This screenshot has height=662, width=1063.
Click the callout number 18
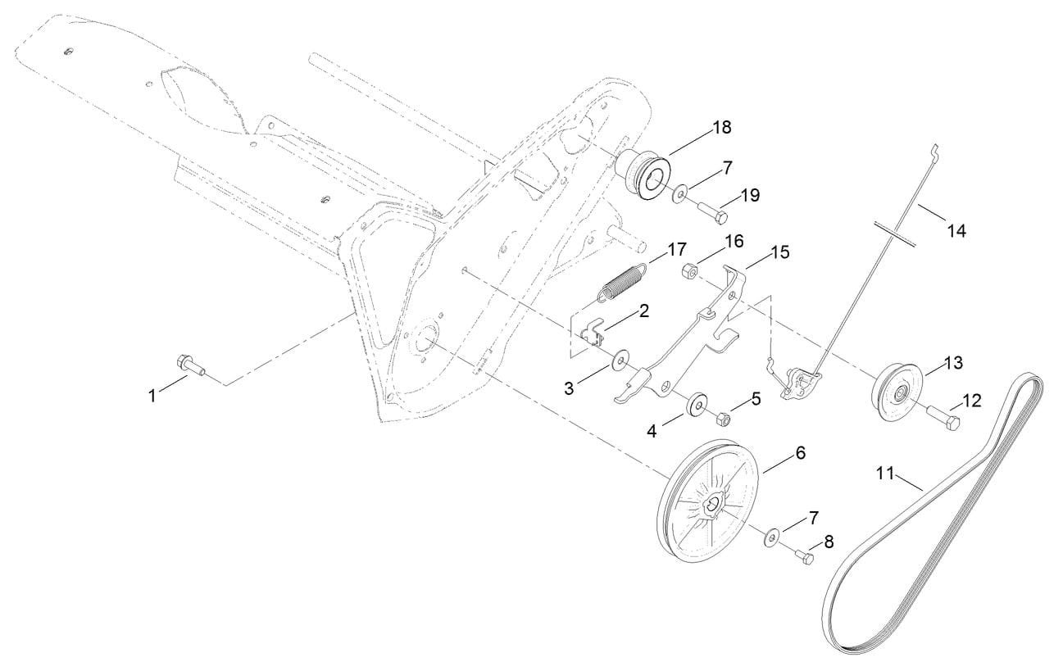pos(722,128)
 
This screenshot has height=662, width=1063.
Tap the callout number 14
pos(956,231)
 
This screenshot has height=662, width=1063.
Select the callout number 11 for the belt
pos(884,473)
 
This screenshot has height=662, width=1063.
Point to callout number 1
pos(152,396)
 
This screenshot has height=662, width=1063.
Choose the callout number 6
pos(800,453)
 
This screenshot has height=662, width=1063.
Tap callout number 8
pos(829,542)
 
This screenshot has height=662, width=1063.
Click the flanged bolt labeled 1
pos(190,365)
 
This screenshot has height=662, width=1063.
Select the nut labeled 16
pos(690,270)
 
